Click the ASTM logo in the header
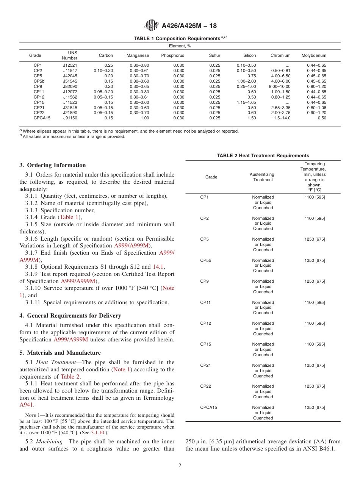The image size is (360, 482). (152, 26)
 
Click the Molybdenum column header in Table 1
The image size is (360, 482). (313, 55)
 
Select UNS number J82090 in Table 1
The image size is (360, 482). (70, 86)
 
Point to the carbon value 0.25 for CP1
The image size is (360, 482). (109, 65)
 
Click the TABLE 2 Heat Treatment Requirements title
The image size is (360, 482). (263, 156)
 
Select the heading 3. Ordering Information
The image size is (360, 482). (53, 165)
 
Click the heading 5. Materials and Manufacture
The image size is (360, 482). (60, 353)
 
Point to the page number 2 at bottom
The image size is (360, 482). (180, 466)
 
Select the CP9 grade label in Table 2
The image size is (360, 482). (205, 281)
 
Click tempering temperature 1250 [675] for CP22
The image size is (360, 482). (315, 387)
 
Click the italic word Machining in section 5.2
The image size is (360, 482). (53, 441)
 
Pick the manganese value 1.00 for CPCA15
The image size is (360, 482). (144, 118)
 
